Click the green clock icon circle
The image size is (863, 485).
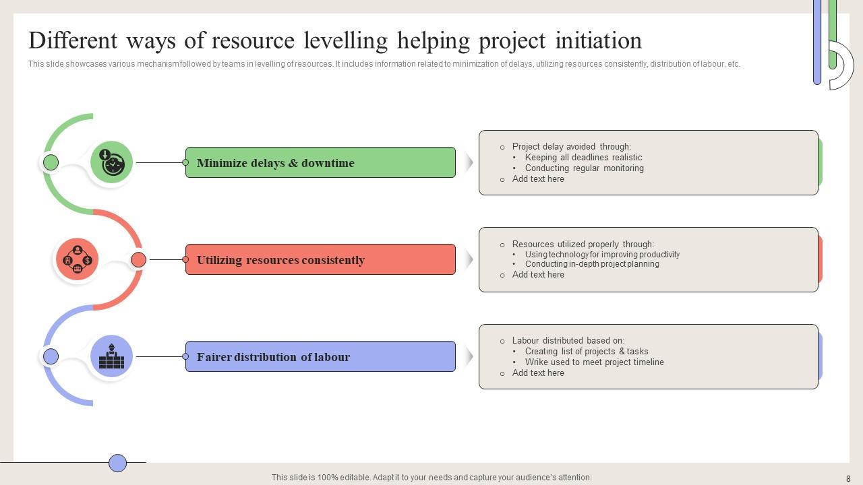[111, 162]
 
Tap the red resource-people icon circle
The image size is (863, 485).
[78, 259]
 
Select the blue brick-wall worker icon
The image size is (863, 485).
[111, 356]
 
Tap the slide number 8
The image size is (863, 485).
[848, 478]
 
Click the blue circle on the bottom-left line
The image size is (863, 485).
[118, 463]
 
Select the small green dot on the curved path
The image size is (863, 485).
[51, 162]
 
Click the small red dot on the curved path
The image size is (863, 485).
[138, 259]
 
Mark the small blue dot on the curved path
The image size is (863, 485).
[51, 356]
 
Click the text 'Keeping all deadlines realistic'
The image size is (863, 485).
[583, 158]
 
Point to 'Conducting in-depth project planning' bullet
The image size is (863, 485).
[592, 264]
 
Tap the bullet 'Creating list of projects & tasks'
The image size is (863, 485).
[587, 352]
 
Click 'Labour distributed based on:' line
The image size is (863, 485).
[568, 341]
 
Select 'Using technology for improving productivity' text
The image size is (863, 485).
[602, 255]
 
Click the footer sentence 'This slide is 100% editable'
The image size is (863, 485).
[431, 478]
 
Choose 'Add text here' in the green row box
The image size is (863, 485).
[538, 179]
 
